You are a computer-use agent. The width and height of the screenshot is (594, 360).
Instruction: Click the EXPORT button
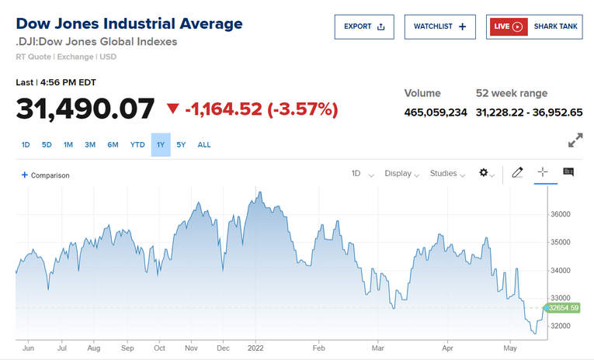click(x=364, y=26)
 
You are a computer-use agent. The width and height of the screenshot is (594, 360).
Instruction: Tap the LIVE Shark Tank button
click(x=534, y=26)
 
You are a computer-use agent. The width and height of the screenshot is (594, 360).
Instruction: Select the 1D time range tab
click(x=26, y=144)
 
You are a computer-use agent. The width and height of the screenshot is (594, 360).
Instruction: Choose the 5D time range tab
click(x=47, y=144)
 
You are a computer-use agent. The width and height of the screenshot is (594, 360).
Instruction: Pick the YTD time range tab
click(x=137, y=144)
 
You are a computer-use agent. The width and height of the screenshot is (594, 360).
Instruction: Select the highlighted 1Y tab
click(x=161, y=144)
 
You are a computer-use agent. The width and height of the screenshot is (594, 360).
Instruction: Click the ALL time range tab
click(x=204, y=144)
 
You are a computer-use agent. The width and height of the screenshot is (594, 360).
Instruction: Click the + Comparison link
click(x=46, y=175)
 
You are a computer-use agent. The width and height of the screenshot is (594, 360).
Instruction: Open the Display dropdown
click(x=401, y=174)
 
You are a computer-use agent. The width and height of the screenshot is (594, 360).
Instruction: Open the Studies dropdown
click(x=447, y=174)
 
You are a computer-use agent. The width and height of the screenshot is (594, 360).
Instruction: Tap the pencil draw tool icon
click(x=518, y=173)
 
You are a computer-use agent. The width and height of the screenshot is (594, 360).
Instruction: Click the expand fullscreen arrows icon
click(x=575, y=140)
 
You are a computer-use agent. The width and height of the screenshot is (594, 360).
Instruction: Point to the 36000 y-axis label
click(x=560, y=214)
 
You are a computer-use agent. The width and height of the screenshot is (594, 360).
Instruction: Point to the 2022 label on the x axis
click(x=256, y=349)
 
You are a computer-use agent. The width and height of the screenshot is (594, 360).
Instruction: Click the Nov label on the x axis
click(x=192, y=349)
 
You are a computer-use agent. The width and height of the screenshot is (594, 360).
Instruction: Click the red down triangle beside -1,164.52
click(x=172, y=109)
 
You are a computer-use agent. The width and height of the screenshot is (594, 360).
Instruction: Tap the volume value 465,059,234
click(x=436, y=112)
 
